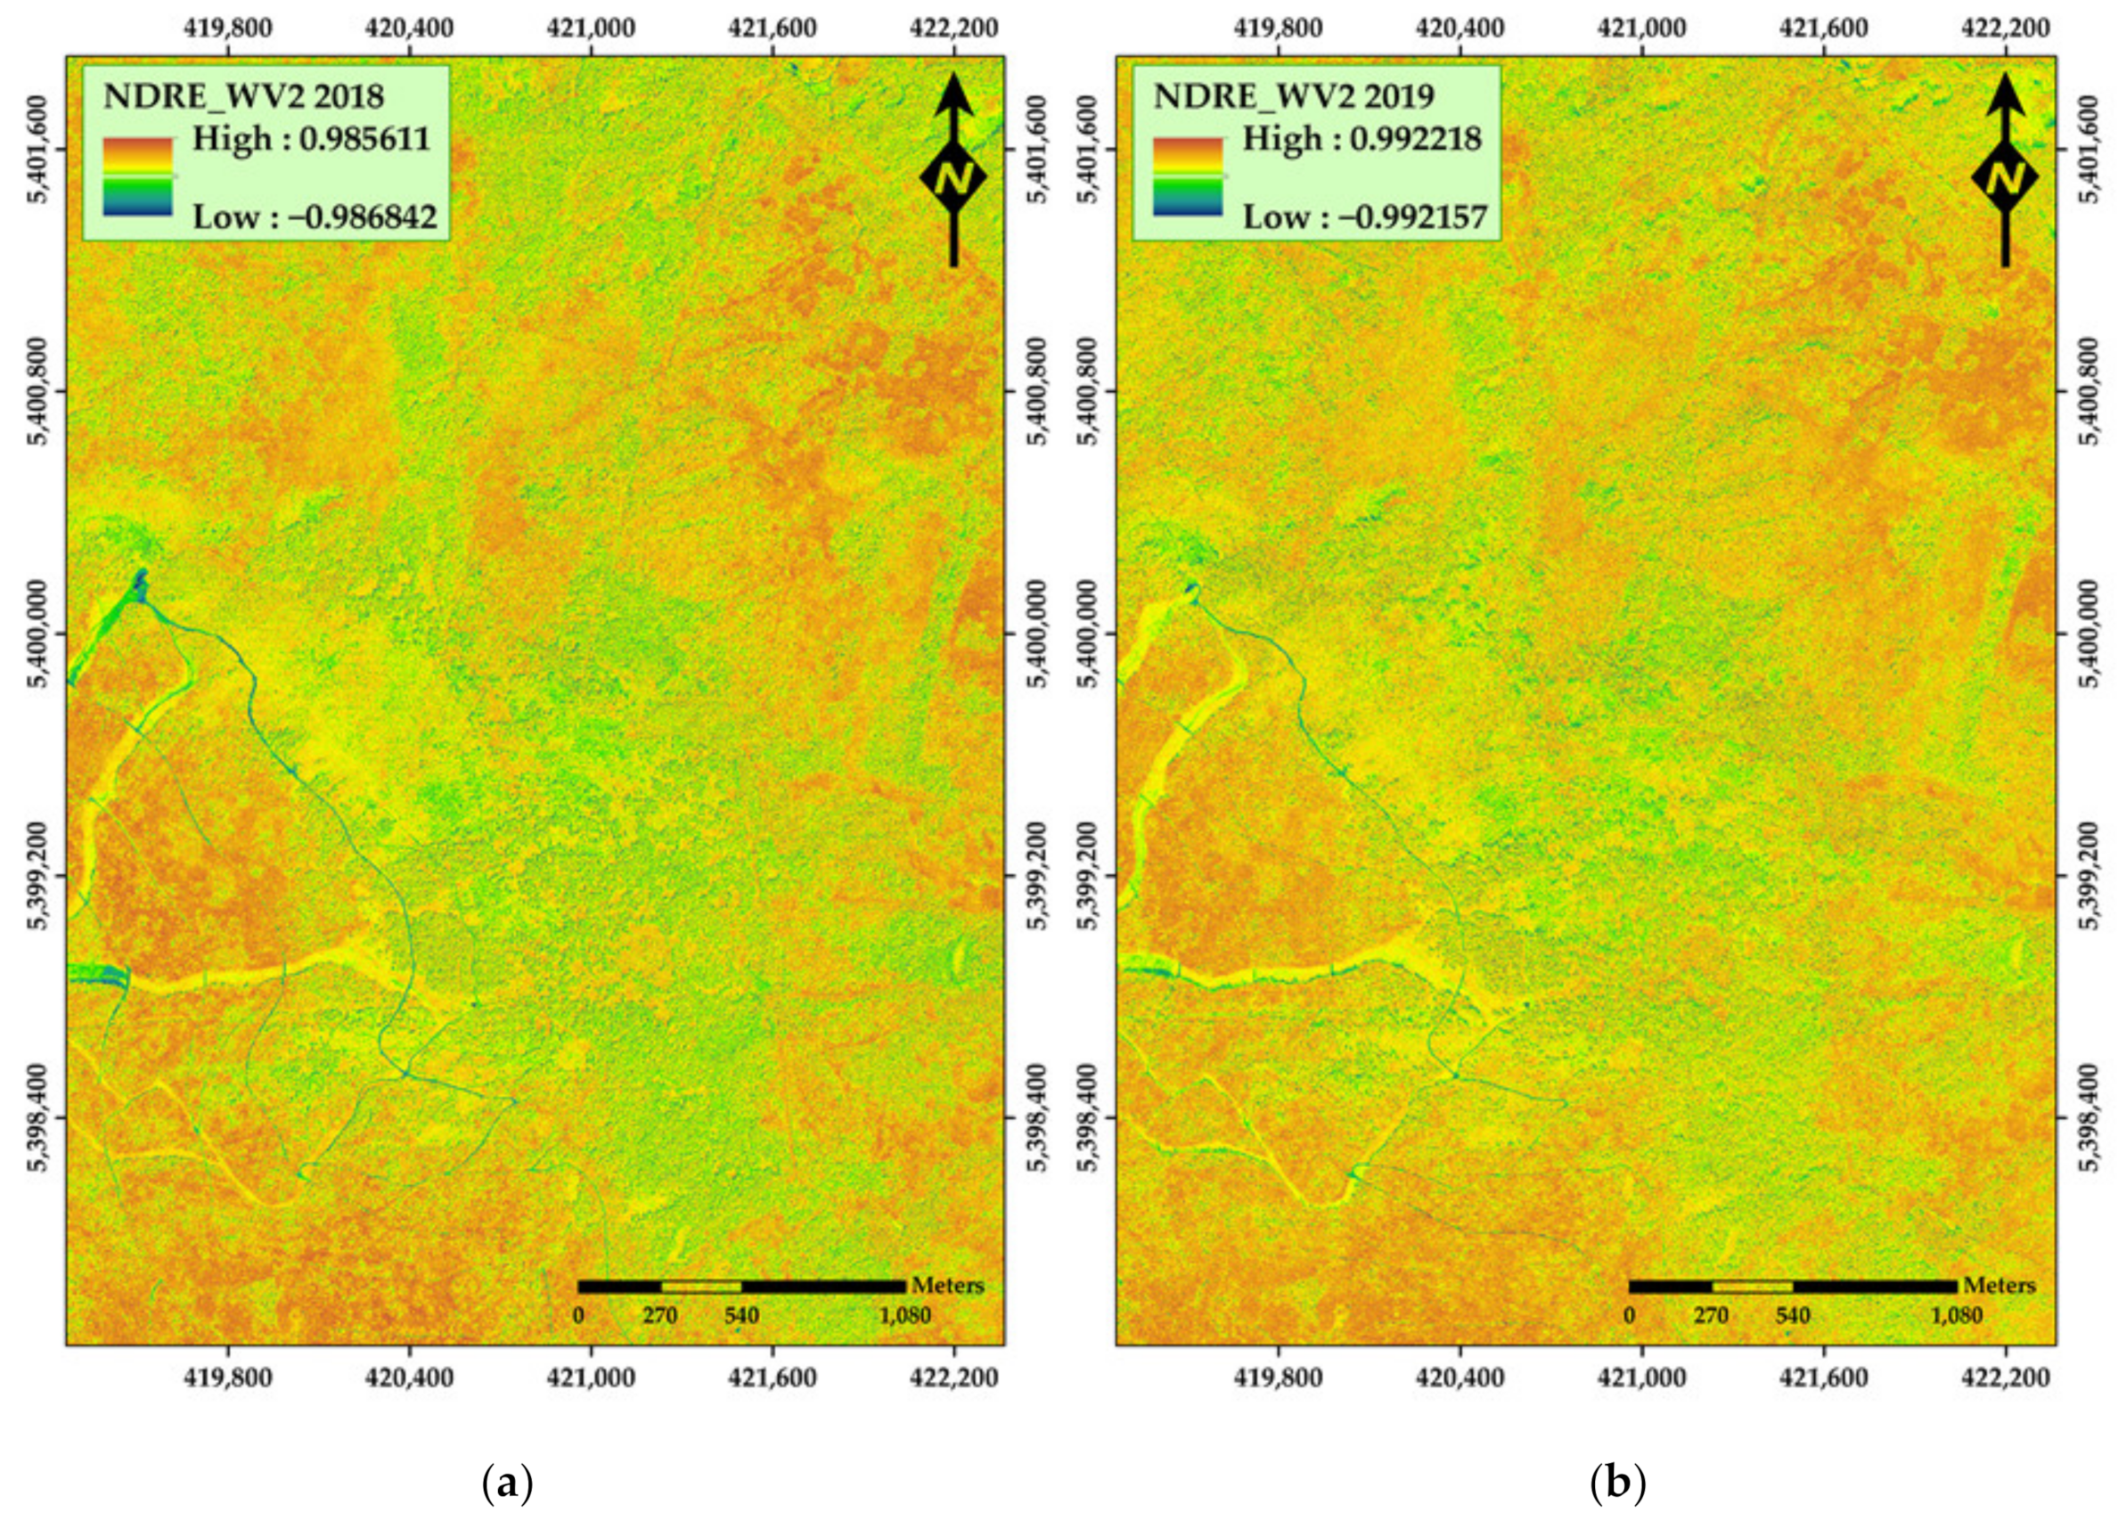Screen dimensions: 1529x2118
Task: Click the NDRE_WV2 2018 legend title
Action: [242, 97]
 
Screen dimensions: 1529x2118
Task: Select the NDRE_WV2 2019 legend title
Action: [1294, 97]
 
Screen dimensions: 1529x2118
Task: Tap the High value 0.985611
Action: [311, 139]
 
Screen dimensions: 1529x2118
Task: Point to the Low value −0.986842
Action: [315, 217]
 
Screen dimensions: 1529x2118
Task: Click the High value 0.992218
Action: [1362, 139]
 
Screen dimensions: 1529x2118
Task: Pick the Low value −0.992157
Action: [1364, 217]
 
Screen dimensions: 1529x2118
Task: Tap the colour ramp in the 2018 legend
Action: [137, 176]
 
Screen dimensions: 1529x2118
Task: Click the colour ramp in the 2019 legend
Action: [1188, 176]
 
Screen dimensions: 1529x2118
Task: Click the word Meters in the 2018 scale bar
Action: [948, 1285]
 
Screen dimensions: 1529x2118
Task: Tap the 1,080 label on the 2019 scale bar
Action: [1956, 1317]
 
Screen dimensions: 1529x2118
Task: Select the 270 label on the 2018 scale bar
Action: [659, 1317]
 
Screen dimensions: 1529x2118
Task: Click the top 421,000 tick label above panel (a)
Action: [591, 29]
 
